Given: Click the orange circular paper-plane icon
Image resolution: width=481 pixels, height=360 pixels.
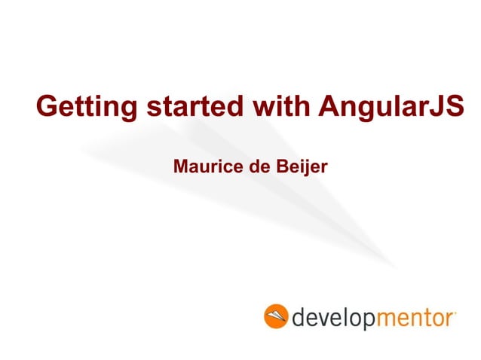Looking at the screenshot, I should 275,316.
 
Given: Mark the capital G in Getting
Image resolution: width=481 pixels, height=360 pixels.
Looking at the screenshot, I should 47,106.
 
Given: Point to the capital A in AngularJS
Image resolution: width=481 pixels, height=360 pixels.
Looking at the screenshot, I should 327,106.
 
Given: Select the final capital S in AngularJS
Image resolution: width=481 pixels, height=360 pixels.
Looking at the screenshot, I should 454,106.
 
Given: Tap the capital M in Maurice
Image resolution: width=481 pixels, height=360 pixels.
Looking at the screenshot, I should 181,164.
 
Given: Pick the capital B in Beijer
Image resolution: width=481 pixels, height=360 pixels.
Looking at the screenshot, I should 282,164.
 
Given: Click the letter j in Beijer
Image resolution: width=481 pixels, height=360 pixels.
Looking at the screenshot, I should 304,166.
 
